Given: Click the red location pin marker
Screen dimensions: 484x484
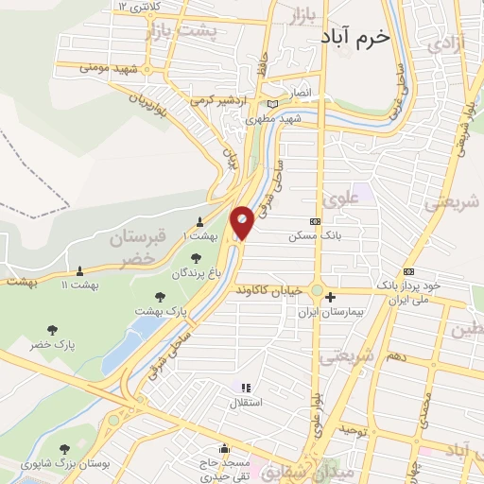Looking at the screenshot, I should pos(242,222).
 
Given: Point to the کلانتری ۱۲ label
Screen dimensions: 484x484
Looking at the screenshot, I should pos(136,7).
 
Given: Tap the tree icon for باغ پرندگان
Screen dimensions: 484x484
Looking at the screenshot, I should pos(196,257).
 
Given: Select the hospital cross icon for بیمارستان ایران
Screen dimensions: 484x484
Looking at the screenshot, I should pos(330,298).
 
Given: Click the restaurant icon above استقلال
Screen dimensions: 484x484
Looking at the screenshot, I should pos(246,388).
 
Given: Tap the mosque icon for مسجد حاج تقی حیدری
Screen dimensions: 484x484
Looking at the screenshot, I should pos(224,449).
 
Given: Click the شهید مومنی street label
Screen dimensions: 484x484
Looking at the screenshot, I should pos(109,68).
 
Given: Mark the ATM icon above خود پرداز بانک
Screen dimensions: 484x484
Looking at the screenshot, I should pos(408,268).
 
